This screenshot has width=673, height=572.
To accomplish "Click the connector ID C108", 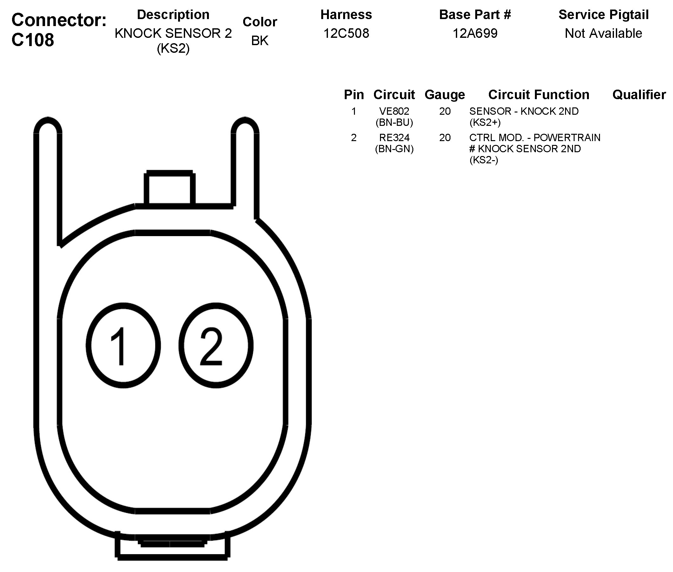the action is pyautogui.click(x=33, y=40).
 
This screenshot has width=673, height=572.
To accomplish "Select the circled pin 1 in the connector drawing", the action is pyautogui.click(x=123, y=345).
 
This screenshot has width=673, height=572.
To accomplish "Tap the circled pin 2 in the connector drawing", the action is pyautogui.click(x=216, y=345).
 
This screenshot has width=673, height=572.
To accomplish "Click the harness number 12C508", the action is pyautogui.click(x=346, y=33).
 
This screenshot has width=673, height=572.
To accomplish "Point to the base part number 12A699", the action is pyautogui.click(x=475, y=33).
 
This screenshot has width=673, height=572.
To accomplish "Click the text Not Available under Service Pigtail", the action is pyautogui.click(x=603, y=33).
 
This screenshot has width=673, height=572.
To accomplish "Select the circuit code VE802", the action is pyautogui.click(x=394, y=111).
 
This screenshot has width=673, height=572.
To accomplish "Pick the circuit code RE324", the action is pyautogui.click(x=394, y=138).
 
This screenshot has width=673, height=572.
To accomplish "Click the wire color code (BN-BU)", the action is pyautogui.click(x=394, y=122).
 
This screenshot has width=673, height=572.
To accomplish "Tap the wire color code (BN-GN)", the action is pyautogui.click(x=394, y=148).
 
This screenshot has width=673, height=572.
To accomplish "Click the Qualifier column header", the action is pyautogui.click(x=639, y=95).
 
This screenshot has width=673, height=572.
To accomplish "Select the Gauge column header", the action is pyautogui.click(x=445, y=95).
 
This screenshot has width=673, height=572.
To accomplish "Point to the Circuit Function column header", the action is pyautogui.click(x=539, y=95).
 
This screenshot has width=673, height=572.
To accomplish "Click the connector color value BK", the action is pyautogui.click(x=260, y=41).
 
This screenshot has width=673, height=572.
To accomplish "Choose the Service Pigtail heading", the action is pyautogui.click(x=603, y=15).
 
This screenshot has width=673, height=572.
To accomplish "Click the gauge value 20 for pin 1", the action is pyautogui.click(x=445, y=111).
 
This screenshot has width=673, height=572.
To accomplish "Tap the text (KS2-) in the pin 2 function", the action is pyautogui.click(x=483, y=160).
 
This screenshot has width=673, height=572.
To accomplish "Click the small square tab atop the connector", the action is pyautogui.click(x=170, y=188).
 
